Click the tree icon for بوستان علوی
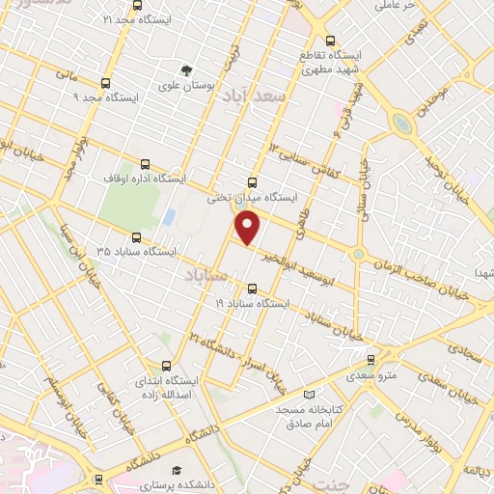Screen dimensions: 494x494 (187, 69)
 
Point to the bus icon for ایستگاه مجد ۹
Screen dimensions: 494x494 (105, 83)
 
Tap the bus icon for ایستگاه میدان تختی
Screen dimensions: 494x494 (252, 181)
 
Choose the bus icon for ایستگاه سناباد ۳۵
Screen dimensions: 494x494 (135, 235)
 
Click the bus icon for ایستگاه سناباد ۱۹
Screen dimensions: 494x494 (253, 288)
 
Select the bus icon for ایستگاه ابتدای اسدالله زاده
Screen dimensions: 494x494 (166, 366)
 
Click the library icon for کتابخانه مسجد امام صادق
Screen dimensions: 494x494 (309, 394)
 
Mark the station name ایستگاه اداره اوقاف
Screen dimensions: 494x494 (186, 178)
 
